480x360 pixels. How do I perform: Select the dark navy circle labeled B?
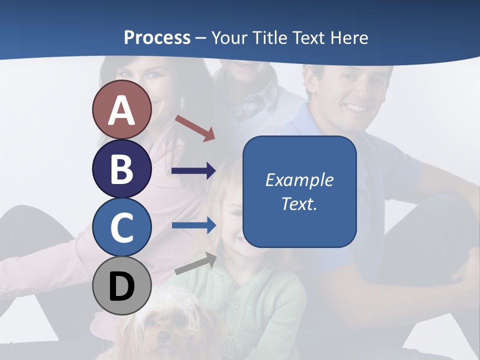pyautogui.click(x=121, y=168)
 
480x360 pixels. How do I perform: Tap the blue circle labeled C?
pyautogui.click(x=121, y=227)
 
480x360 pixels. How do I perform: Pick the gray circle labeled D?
pyautogui.click(x=121, y=286)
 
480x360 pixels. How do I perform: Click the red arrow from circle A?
pyautogui.click(x=195, y=128)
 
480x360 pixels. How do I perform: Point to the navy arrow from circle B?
pyautogui.click(x=193, y=171)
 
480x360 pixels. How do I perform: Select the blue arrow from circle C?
pyautogui.click(x=194, y=225)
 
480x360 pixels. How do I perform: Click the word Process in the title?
pyautogui.click(x=157, y=37)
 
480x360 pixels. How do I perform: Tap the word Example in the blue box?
pyautogui.click(x=299, y=180)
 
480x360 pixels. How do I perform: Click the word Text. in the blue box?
pyautogui.click(x=299, y=203)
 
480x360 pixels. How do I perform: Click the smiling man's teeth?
pyautogui.click(x=356, y=107)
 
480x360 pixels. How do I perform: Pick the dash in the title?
pyautogui.click(x=201, y=38)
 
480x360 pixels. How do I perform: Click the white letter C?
pyautogui.click(x=121, y=227)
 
